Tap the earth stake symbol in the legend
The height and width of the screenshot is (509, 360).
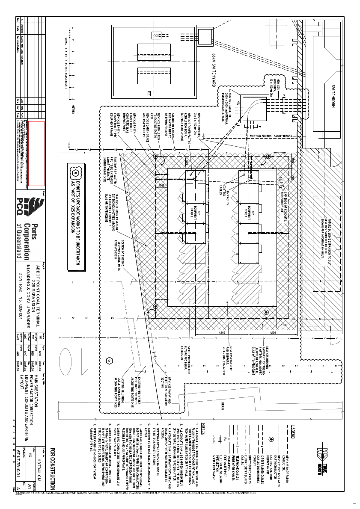[x=271, y=439]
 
